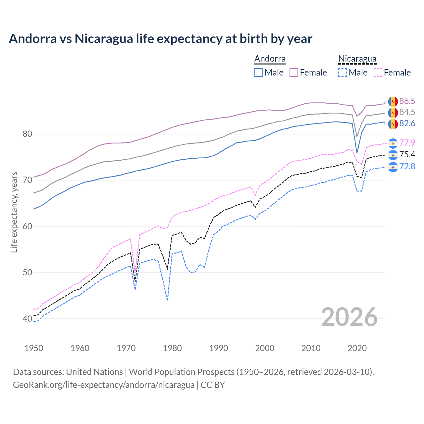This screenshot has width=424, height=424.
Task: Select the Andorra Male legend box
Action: [x=259, y=73]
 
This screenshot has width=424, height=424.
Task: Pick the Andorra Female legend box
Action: [x=294, y=73]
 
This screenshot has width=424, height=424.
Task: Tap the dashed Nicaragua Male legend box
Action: [x=343, y=73]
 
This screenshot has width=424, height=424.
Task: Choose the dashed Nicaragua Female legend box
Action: [x=378, y=73]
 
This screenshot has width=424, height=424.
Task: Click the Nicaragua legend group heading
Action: [x=357, y=59]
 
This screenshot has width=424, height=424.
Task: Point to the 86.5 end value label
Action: [x=407, y=101]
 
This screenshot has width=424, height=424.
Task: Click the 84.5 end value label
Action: [x=407, y=112]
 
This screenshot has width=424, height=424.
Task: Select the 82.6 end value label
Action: [x=407, y=123]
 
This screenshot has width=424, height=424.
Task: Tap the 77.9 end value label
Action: [x=407, y=143]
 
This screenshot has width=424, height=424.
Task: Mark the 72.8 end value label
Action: [x=407, y=166]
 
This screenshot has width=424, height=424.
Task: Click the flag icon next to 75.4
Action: [x=393, y=155]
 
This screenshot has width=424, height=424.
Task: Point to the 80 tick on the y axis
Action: [x=27, y=134]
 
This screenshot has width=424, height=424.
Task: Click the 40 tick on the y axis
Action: [x=27, y=319]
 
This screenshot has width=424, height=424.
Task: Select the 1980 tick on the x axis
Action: [x=172, y=348]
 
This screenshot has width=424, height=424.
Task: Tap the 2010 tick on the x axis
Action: [x=311, y=348]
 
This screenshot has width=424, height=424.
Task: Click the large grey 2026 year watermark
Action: [x=349, y=317]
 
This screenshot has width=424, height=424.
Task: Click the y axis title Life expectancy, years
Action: [x=14, y=212]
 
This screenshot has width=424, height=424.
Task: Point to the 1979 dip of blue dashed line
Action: [x=168, y=300]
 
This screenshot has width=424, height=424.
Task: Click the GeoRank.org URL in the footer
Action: [x=104, y=385]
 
